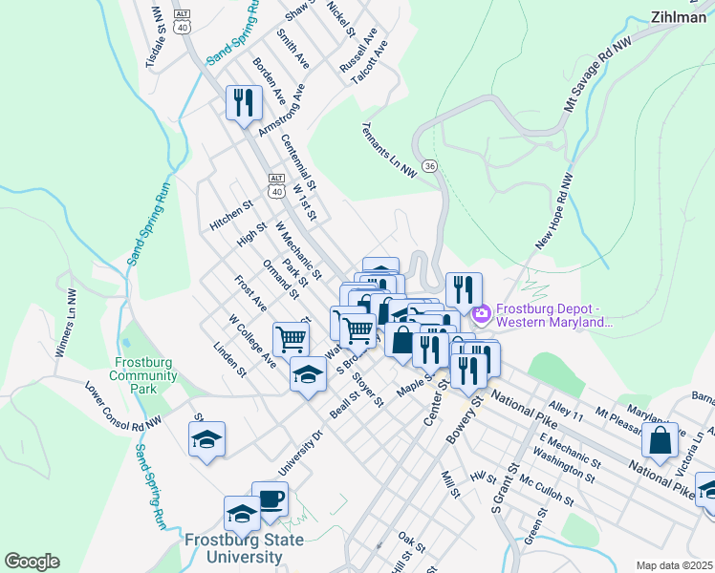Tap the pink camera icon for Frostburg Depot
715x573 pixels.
pos(481,312)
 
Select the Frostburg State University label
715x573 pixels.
pos(243,548)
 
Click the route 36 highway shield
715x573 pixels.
pos(429,166)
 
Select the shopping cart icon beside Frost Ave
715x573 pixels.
pos(291,337)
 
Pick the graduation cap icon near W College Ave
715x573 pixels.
pos(308,373)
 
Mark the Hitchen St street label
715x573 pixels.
pos(230,215)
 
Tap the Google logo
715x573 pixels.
pos(32,562)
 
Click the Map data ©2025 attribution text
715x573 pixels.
pos(672,565)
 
